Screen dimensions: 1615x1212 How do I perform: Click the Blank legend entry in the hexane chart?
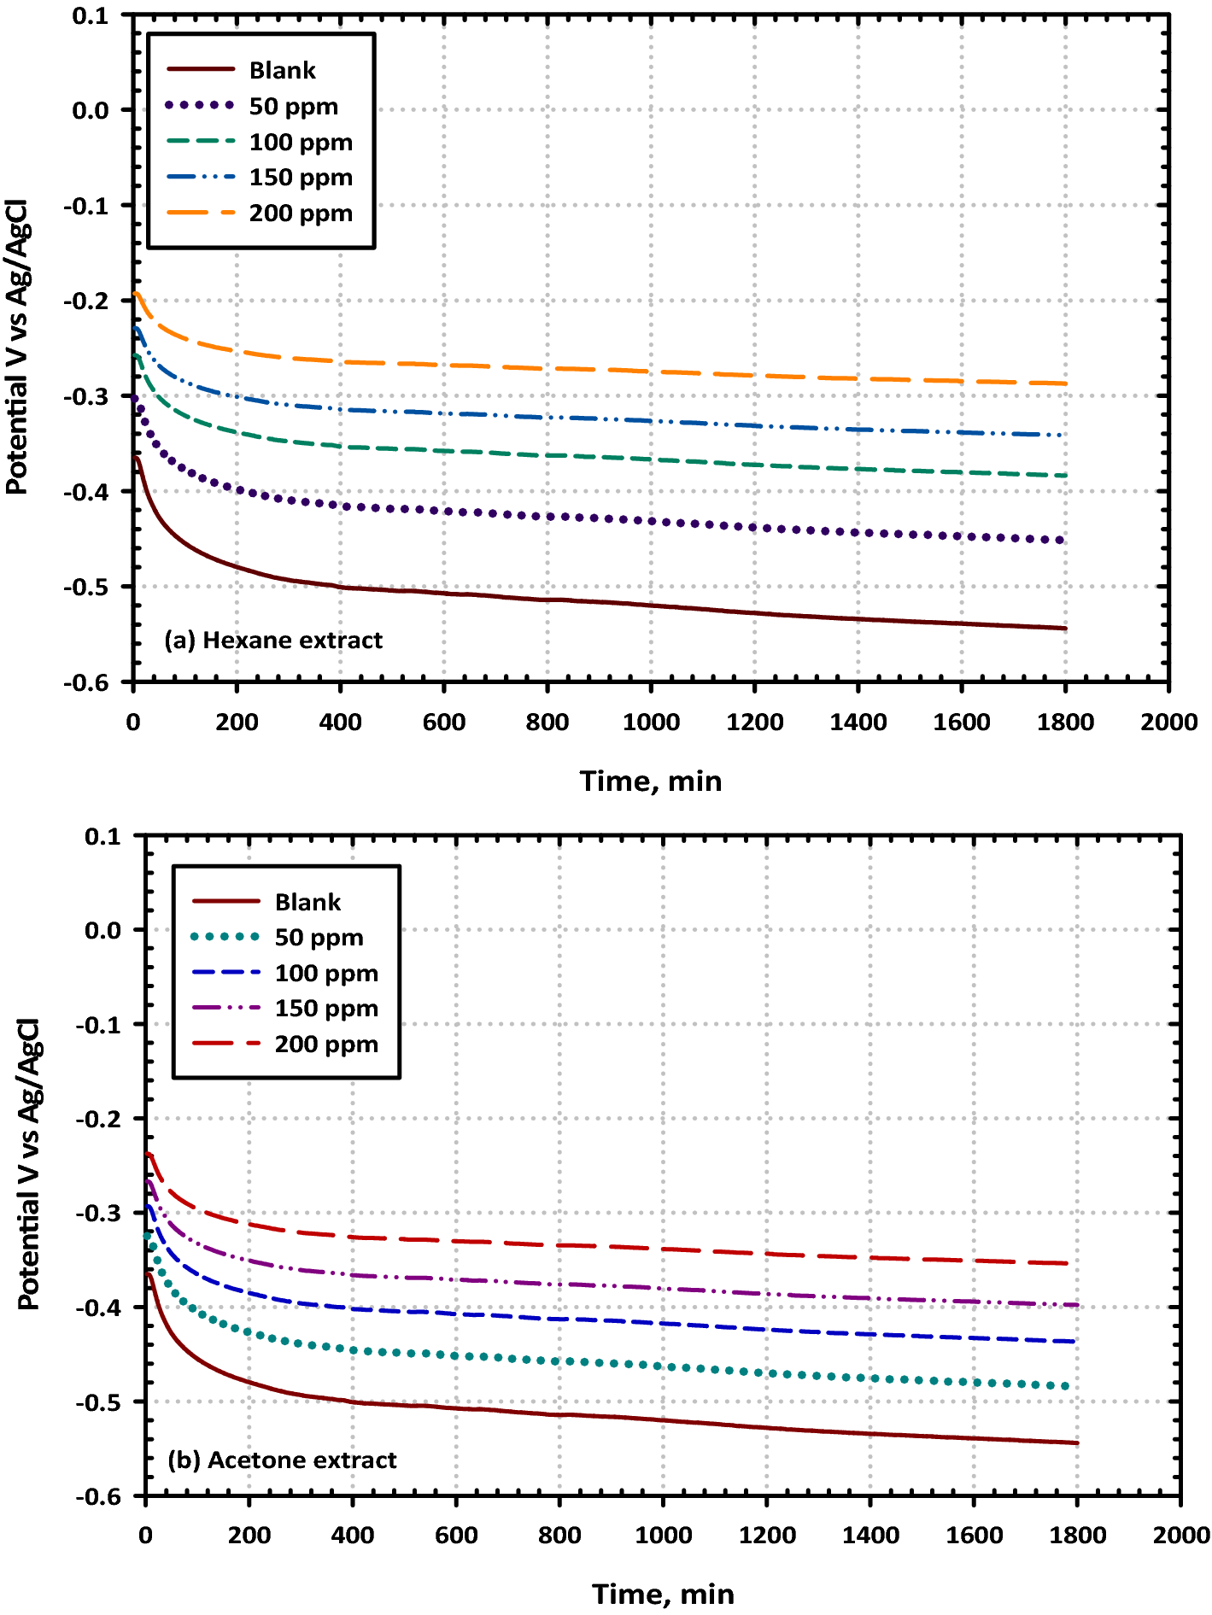[x=282, y=70]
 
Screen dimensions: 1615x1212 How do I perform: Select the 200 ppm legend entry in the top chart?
[x=300, y=214]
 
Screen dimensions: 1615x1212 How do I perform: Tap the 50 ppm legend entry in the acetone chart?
[x=319, y=938]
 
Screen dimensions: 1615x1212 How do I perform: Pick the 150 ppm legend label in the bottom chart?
[x=325, y=1009]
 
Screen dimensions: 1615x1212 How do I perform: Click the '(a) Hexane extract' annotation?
[x=273, y=641]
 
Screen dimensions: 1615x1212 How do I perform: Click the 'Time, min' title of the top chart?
[x=651, y=781]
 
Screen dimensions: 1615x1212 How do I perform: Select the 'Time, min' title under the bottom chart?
[x=663, y=1595]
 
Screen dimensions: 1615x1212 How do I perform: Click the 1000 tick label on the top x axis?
[x=651, y=723]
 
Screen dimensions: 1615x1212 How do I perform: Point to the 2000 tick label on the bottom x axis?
[x=1181, y=1536]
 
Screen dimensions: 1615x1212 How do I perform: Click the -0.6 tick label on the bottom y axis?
[x=99, y=1497]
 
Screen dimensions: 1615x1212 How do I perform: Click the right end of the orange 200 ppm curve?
[x=1065, y=383]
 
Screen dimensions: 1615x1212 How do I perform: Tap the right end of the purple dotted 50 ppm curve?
[x=1061, y=540]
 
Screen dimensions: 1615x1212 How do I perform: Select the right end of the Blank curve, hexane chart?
[x=1066, y=629]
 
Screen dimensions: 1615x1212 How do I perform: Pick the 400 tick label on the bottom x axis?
[x=353, y=1536]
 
